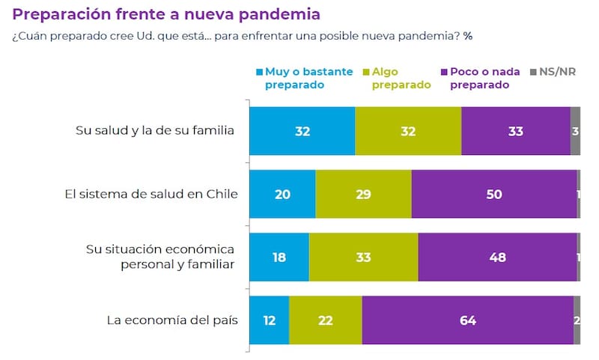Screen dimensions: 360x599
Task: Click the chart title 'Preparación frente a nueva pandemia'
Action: (166, 14)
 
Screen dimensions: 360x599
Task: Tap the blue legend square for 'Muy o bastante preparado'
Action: (260, 73)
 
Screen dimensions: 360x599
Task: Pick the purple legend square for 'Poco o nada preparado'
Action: (444, 73)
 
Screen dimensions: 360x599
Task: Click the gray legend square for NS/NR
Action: (533, 73)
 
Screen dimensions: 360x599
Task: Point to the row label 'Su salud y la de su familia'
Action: (156, 131)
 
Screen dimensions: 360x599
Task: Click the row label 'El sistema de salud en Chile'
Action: (151, 195)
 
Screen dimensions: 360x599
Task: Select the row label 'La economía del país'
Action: (172, 320)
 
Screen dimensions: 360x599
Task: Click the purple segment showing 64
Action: (468, 320)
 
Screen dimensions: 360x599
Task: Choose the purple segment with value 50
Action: (494, 195)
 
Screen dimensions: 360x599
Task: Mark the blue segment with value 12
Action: (269, 320)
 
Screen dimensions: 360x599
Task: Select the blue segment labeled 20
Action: (282, 195)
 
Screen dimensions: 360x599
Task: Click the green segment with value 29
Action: (363, 195)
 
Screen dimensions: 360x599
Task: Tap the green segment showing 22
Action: (326, 320)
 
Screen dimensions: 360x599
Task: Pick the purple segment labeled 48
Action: (497, 257)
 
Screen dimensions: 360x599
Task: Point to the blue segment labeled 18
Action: (279, 257)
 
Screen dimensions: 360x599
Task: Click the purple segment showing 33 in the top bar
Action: (516, 131)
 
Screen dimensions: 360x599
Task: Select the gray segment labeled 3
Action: (575, 131)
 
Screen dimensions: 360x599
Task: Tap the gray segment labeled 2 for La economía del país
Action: (577, 320)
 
